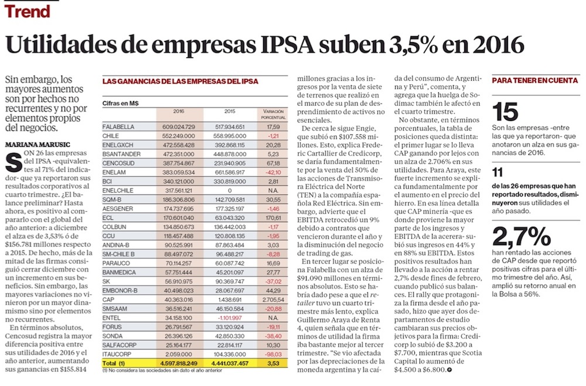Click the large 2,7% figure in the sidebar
pos(516,237)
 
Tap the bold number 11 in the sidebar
pos(498,172)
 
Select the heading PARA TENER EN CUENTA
pos(531,81)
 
